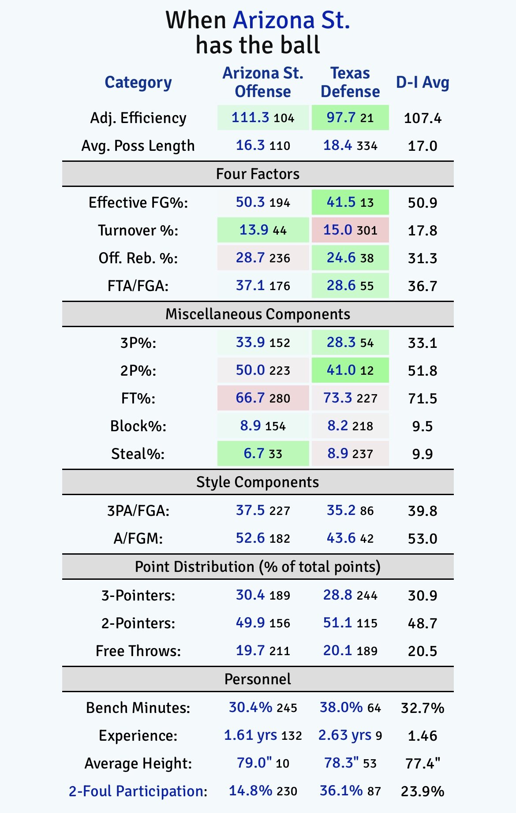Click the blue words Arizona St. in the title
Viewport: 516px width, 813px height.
coord(292,21)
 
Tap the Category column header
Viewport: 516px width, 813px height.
coord(138,82)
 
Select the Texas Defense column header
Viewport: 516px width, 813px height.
coord(350,82)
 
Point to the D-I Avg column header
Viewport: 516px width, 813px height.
coord(423,82)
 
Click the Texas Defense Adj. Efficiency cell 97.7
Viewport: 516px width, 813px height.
coord(341,118)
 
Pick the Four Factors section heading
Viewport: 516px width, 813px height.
coord(258,174)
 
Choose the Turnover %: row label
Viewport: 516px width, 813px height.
coord(138,231)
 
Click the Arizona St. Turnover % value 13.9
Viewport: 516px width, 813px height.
coord(254,230)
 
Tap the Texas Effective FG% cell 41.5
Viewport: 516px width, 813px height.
coord(341,202)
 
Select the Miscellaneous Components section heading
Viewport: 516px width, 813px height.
coord(258,314)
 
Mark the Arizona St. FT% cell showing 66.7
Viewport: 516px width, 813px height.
coord(250,398)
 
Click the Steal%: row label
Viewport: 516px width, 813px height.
coord(138,454)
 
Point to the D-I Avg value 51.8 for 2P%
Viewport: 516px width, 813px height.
coord(423,371)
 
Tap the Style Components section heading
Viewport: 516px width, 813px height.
coord(258,482)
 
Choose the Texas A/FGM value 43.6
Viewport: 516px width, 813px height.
coord(341,538)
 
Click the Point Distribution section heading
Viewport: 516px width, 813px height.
coord(258,567)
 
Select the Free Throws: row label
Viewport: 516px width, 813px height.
coord(138,651)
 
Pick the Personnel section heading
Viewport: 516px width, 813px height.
coord(258,679)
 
